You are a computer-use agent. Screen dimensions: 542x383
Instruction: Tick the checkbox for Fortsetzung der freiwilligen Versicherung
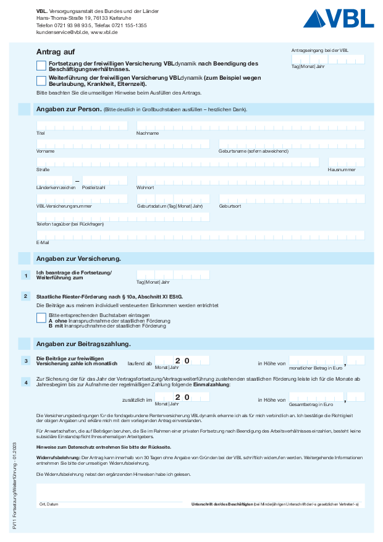tap(41, 66)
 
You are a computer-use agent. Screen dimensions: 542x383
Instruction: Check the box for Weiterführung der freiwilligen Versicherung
tap(41, 80)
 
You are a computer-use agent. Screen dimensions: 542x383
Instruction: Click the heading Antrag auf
tap(56, 51)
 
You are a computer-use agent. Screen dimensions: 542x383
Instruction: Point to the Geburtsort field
tap(291, 199)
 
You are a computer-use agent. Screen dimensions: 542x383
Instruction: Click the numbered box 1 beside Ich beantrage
tap(25, 276)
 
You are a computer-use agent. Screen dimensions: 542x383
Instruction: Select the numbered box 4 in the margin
tap(25, 383)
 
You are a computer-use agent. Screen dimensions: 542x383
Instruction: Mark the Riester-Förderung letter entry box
tap(41, 318)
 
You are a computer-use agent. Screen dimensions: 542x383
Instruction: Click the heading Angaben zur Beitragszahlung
tap(83, 344)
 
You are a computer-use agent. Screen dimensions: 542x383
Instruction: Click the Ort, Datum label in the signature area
tap(49, 504)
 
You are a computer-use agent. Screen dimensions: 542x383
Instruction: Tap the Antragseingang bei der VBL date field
tap(327, 59)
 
